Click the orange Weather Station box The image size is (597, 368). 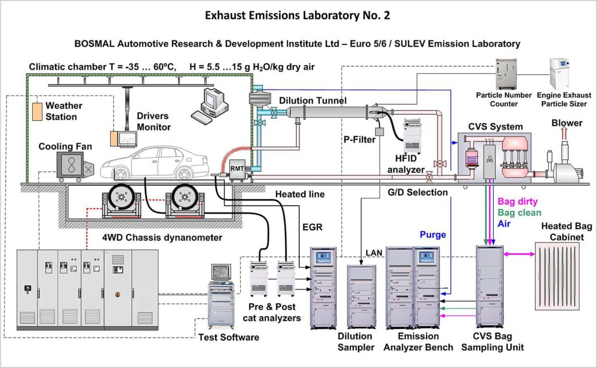coord(37,112)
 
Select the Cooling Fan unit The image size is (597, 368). coord(72,166)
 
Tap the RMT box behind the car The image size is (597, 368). coord(237,169)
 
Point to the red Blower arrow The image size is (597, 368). coord(564,133)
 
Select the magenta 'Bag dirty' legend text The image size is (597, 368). coord(517,202)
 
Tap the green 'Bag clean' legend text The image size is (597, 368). coord(519,213)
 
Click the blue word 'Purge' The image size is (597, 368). coord(433,235)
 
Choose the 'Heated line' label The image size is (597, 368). coord(300,194)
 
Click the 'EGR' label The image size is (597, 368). coord(312,227)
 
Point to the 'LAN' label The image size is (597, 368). coord(374,253)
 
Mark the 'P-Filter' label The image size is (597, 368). coord(359,140)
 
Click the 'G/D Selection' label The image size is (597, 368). coord(417,193)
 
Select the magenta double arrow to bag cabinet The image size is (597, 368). coord(519,254)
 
